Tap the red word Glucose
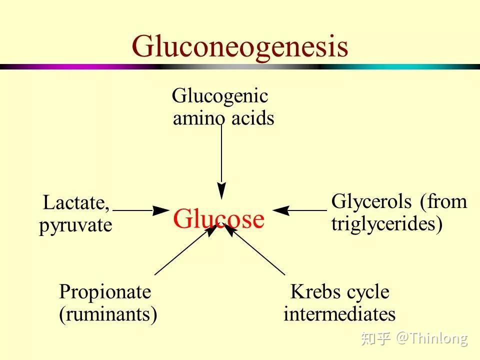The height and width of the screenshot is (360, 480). click(x=218, y=219)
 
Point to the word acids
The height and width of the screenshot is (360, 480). click(x=253, y=118)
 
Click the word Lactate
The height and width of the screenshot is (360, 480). click(x=76, y=203)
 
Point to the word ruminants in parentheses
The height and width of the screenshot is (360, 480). click(x=108, y=314)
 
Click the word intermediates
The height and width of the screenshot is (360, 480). click(x=339, y=314)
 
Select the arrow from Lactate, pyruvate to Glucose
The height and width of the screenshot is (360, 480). click(x=141, y=210)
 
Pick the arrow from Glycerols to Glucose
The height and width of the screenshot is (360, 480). click(x=299, y=210)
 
